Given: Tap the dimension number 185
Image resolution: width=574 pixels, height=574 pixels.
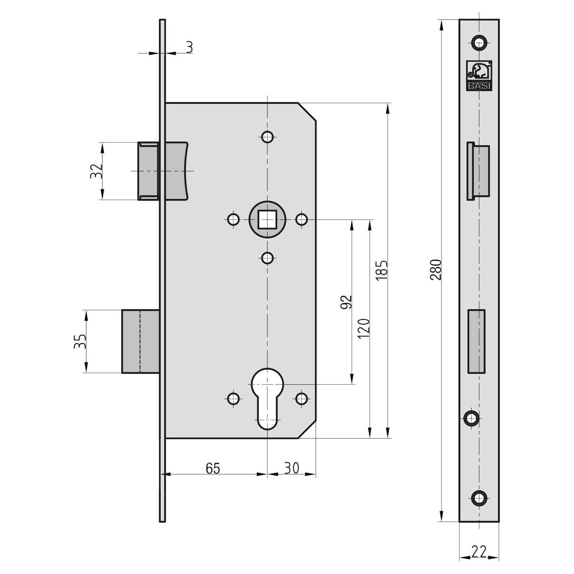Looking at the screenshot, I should click(381, 270).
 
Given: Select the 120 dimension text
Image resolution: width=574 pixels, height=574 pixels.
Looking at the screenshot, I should click(364, 328).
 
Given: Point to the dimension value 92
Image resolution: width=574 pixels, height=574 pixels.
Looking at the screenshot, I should click(346, 302).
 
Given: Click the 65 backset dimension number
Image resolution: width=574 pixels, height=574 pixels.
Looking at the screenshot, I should click(213, 468).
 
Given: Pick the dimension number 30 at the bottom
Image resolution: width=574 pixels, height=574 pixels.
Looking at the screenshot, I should click(291, 468).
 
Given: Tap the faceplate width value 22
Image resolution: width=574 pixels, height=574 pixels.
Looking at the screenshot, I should click(479, 552).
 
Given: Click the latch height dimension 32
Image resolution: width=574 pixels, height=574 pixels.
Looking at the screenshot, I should click(96, 171).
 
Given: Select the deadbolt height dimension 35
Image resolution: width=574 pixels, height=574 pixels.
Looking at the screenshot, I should click(80, 342).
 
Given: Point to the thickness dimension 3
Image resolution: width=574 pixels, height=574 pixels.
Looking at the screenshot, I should click(189, 47).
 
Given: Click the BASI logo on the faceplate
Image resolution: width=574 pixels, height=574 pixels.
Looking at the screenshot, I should click(479, 76).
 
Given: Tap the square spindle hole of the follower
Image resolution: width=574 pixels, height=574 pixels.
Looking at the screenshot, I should click(267, 219).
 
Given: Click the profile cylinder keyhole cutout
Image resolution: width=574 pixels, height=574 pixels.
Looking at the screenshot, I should click(267, 399).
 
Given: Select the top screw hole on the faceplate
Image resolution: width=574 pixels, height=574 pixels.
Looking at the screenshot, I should click(479, 42).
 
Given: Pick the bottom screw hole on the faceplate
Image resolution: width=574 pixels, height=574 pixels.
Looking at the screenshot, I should click(479, 497).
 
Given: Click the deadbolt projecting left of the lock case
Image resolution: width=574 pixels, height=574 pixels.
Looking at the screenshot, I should click(140, 341).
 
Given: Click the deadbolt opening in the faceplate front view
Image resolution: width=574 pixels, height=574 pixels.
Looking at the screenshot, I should click(477, 341).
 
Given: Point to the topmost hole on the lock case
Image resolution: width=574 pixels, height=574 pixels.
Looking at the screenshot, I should click(267, 137).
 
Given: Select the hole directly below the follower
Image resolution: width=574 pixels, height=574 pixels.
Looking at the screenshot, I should click(267, 258).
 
